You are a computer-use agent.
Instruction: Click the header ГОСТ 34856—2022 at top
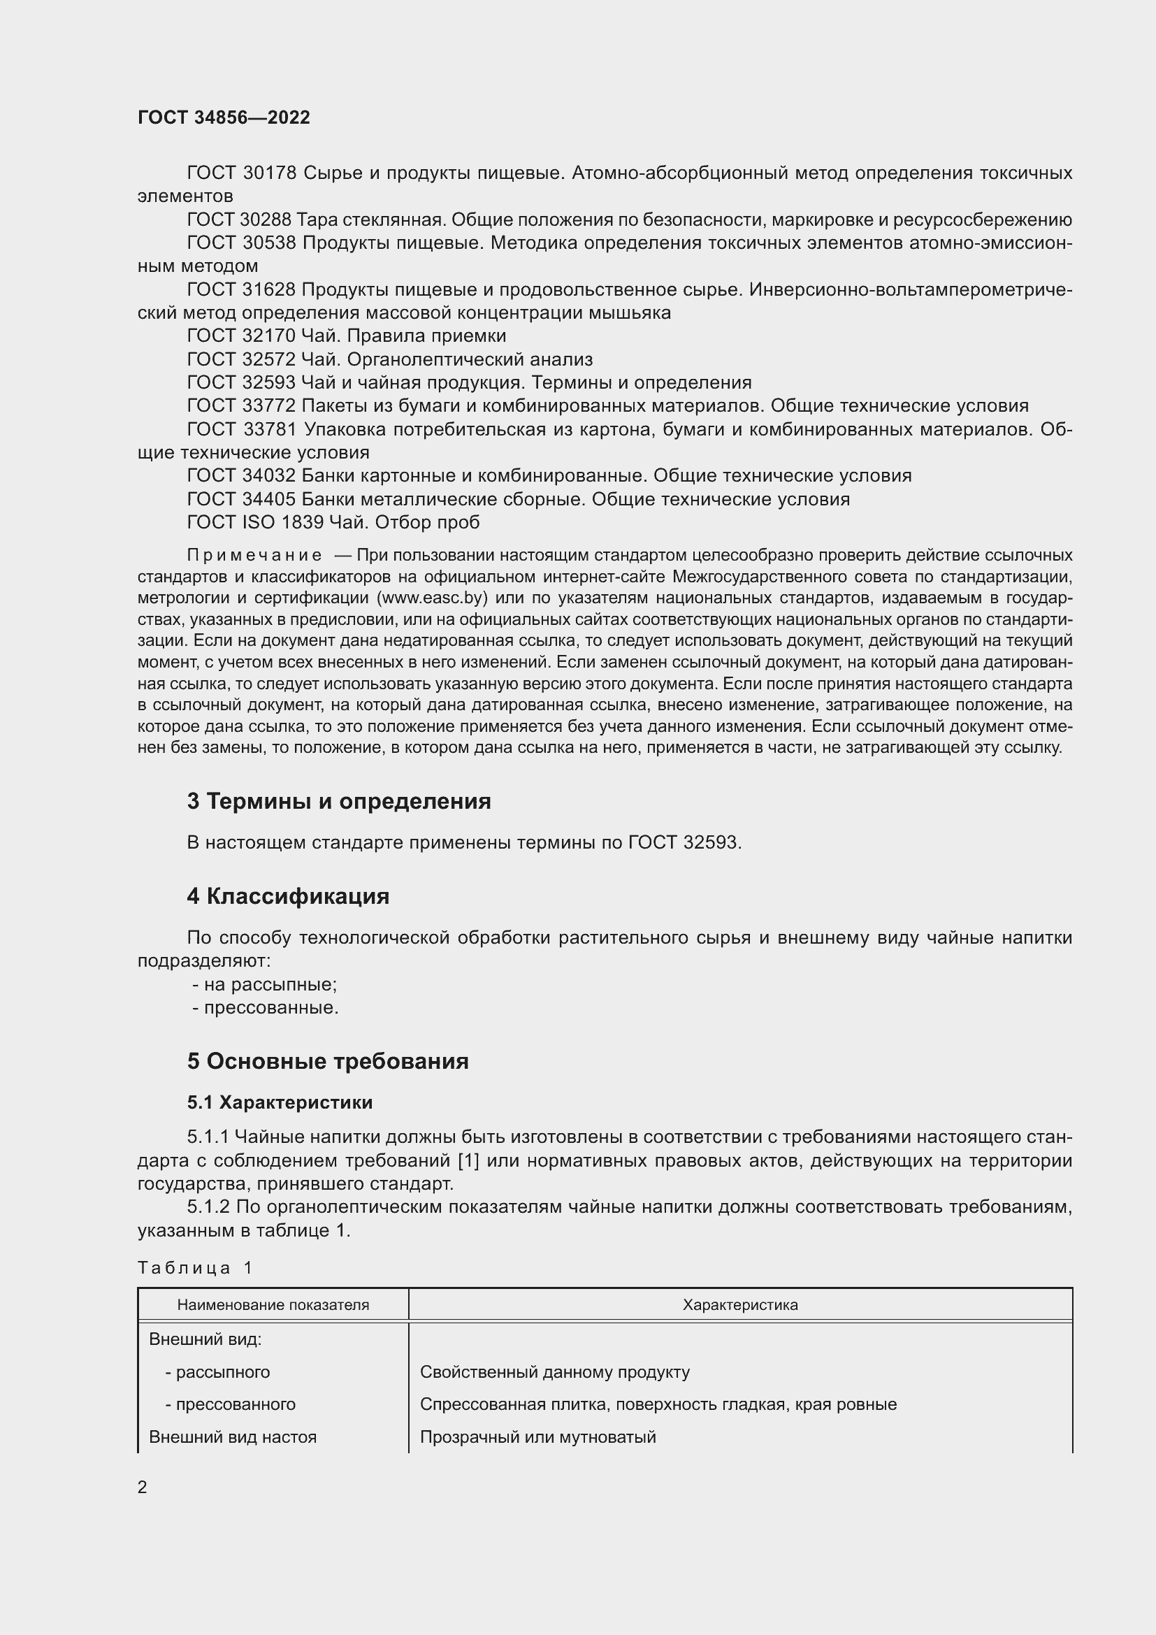pos(224,117)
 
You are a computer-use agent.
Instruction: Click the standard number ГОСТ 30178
pos(241,173)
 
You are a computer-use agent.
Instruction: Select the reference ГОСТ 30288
pos(241,219)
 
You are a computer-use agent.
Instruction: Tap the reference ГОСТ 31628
pos(241,289)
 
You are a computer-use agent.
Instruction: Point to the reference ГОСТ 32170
pos(241,336)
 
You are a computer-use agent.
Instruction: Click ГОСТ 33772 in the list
pos(241,405)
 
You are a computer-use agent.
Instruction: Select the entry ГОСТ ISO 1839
pos(255,522)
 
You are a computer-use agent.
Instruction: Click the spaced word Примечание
pos(254,555)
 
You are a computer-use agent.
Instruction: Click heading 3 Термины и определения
pos(339,801)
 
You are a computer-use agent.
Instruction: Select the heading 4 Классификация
pos(287,896)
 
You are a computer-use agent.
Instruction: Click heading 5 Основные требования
pos(327,1061)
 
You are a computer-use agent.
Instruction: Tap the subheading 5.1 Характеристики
pos(280,1102)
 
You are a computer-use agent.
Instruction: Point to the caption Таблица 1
pos(195,1267)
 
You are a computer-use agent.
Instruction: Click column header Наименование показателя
pos(273,1305)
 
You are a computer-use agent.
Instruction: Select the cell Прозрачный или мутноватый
pos(537,1436)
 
